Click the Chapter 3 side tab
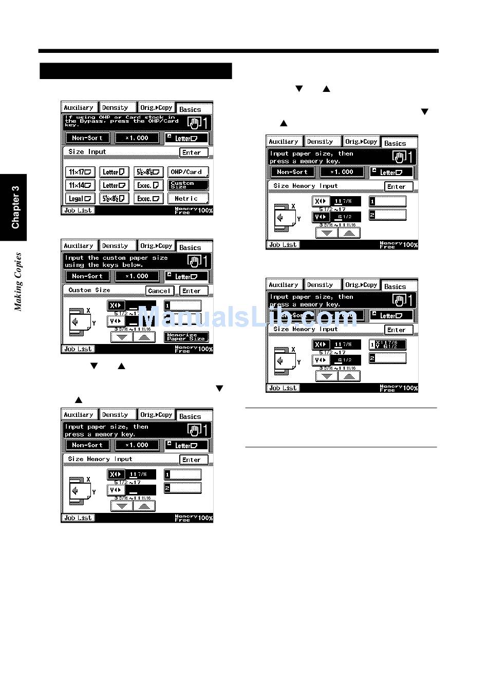[14, 207]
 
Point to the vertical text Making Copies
[18, 282]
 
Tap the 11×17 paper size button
[80, 172]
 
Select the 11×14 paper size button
[80, 185]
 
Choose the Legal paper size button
[80, 199]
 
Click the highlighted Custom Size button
[187, 185]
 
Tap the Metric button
[187, 199]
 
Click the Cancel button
[159, 291]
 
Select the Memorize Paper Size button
[186, 337]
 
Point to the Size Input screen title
[87, 152]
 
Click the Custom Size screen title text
[89, 290]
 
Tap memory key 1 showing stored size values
[387, 344]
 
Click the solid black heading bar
[136, 71]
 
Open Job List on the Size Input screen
[78, 210]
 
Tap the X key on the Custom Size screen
[116, 306]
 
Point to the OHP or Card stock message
[122, 121]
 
